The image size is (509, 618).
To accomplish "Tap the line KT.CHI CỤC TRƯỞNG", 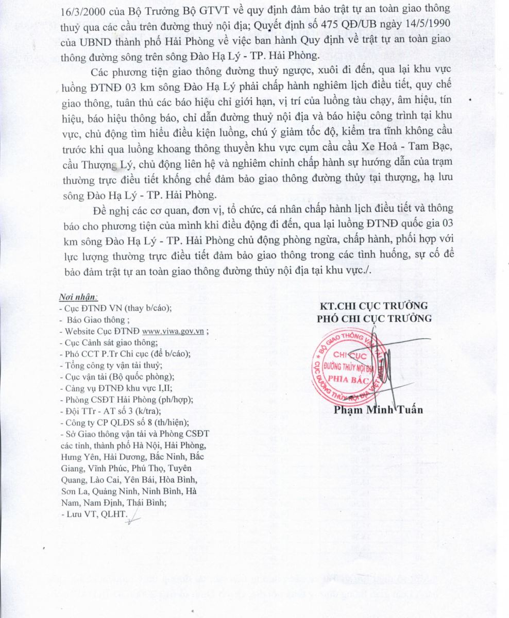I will click(x=374, y=305).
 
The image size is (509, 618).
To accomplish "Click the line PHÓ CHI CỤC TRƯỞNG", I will click(x=374, y=318).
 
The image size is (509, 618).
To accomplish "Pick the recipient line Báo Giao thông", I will click(x=96, y=320).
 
